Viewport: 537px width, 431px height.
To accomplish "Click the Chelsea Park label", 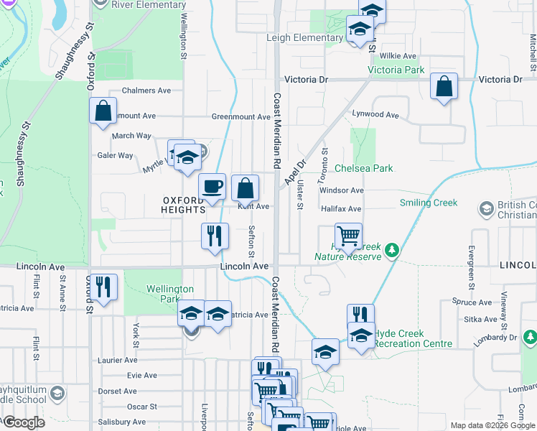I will pyautogui.click(x=364, y=168).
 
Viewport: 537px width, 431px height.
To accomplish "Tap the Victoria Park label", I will pyautogui.click(x=396, y=70).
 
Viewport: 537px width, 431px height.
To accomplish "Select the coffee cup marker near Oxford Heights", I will pyautogui.click(x=212, y=187).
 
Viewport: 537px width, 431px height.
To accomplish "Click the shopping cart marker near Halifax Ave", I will pyautogui.click(x=348, y=236).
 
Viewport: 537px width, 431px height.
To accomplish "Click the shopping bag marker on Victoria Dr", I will pyautogui.click(x=444, y=88).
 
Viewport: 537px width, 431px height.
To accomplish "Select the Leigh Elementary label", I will pyautogui.click(x=304, y=37).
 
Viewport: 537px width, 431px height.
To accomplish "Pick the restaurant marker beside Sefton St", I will pyautogui.click(x=215, y=236).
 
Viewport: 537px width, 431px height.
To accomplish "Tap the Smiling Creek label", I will pyautogui.click(x=429, y=203).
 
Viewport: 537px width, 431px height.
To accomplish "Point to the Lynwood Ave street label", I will pyautogui.click(x=375, y=114).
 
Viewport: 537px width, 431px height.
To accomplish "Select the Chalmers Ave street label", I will pyautogui.click(x=146, y=91).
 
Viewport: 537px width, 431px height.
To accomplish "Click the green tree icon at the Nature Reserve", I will pyautogui.click(x=391, y=250).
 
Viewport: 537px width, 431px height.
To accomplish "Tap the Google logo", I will pyautogui.click(x=23, y=422).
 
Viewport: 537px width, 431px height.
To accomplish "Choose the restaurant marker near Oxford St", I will pyautogui.click(x=104, y=287).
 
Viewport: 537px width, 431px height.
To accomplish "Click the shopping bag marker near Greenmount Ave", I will pyautogui.click(x=103, y=111).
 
